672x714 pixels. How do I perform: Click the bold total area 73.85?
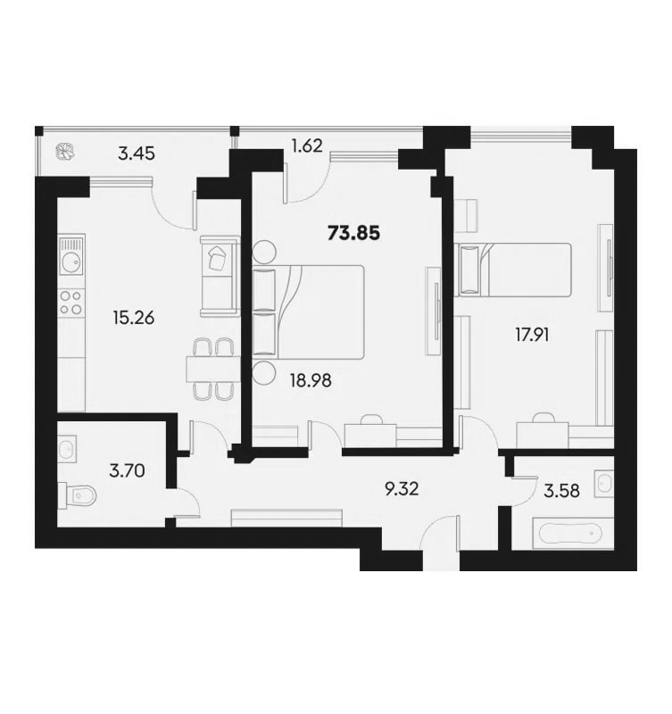(x=353, y=234)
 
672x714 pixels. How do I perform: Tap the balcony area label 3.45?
(x=137, y=154)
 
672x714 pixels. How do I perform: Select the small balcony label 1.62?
(x=307, y=145)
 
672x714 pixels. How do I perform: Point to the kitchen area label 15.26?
(x=133, y=318)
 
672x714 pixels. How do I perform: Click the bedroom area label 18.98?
(x=311, y=380)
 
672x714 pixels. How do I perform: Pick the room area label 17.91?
(x=532, y=336)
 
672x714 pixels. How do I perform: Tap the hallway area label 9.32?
(x=401, y=489)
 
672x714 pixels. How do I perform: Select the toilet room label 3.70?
(x=127, y=470)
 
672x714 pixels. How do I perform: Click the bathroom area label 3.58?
(x=562, y=491)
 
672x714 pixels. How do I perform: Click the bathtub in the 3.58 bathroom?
(x=569, y=532)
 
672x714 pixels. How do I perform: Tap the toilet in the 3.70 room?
(x=78, y=494)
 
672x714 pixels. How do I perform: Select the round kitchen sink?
(x=71, y=262)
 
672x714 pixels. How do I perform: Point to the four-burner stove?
(x=71, y=303)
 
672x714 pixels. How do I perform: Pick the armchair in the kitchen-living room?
(x=220, y=277)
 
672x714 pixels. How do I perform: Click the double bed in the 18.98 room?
(x=308, y=311)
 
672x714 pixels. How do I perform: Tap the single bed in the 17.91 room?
(x=515, y=270)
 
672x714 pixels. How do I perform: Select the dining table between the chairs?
(x=212, y=369)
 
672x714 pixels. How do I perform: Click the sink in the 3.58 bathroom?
(x=604, y=483)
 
